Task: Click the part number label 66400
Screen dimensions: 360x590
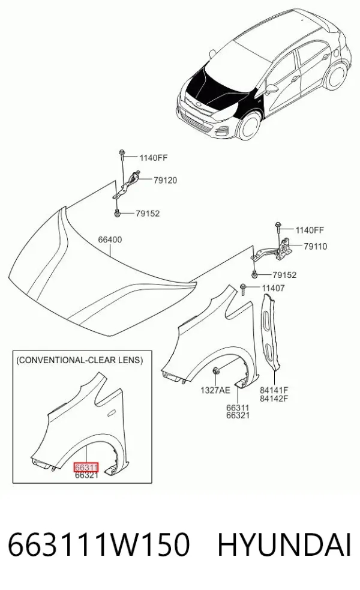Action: click(110, 239)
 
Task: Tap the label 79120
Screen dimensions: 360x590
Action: click(165, 180)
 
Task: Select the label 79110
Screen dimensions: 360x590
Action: click(315, 247)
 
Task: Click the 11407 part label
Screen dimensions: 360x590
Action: click(273, 288)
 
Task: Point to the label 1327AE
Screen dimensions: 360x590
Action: click(215, 390)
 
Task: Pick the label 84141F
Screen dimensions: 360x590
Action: click(274, 390)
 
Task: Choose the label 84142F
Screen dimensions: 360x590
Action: click(274, 399)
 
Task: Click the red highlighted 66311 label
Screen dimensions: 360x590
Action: click(86, 468)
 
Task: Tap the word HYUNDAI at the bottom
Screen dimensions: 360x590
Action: click(284, 545)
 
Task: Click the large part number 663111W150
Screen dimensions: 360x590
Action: click(98, 545)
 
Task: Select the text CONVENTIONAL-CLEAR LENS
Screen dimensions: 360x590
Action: click(79, 360)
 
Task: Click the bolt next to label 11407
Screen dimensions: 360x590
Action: click(243, 289)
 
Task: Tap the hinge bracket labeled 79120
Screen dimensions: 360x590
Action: click(127, 185)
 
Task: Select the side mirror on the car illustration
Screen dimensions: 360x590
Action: click(271, 89)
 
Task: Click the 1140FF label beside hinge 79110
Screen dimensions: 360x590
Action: click(310, 230)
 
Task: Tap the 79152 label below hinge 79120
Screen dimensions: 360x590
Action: click(148, 213)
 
